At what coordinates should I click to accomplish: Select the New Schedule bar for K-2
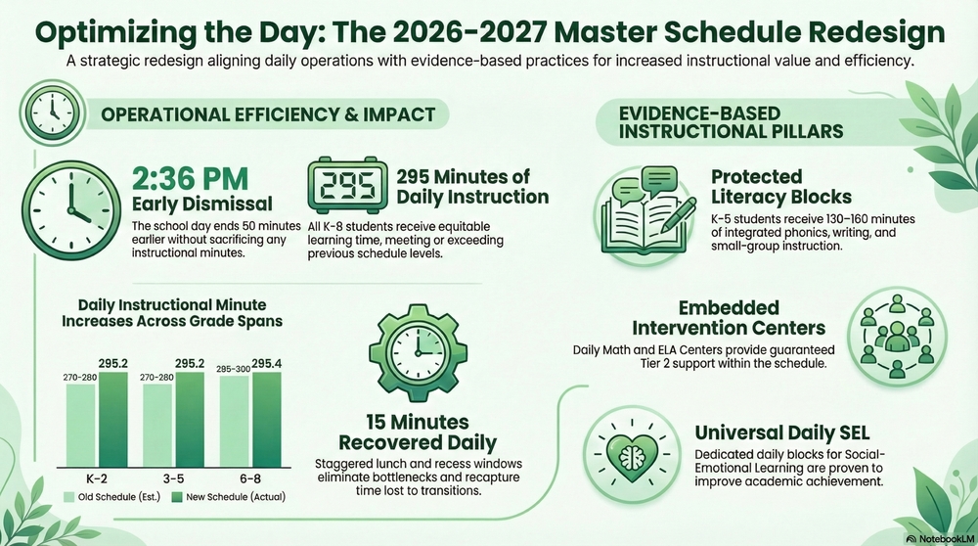point(112,420)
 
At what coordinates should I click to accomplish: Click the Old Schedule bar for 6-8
point(235,422)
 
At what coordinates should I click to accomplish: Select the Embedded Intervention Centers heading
point(728,318)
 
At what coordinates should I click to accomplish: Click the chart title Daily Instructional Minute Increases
point(172,313)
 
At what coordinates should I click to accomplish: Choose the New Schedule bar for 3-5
point(189,420)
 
